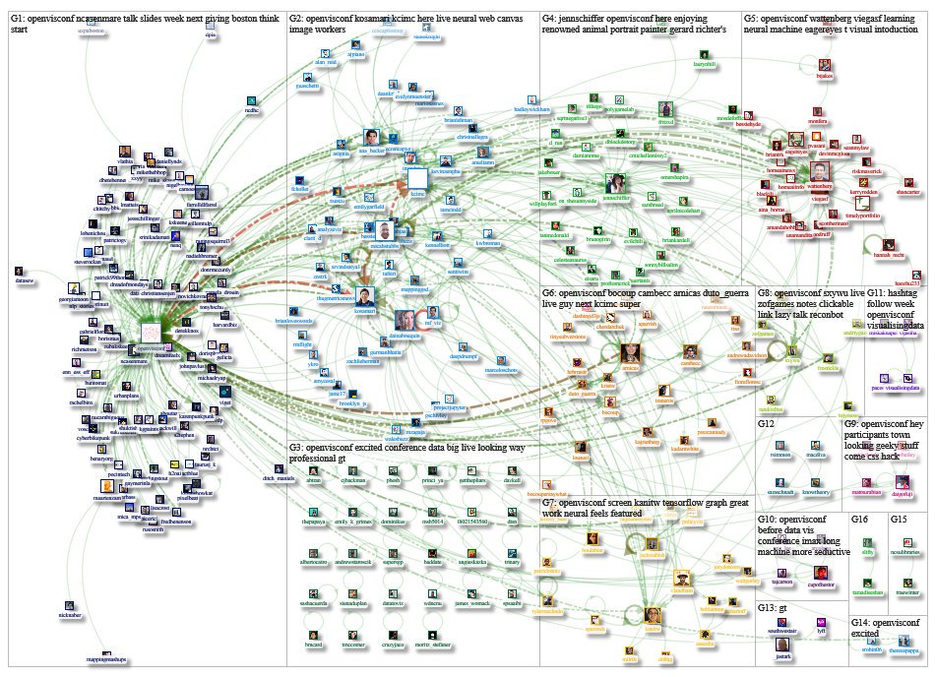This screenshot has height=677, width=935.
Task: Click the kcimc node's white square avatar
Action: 416,177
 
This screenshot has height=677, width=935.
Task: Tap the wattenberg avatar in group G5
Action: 820,171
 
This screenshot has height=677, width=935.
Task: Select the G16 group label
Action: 859,519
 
